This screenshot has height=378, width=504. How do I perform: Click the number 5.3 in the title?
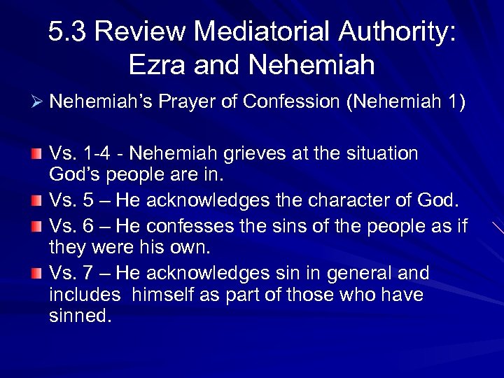point(69,32)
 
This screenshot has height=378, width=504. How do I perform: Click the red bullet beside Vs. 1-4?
point(36,153)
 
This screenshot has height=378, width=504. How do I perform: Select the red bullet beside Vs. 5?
point(36,202)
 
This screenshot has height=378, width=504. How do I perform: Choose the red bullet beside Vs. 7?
point(36,273)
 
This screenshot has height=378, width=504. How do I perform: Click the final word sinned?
point(80,316)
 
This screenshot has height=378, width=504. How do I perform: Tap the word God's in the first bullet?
point(76,173)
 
